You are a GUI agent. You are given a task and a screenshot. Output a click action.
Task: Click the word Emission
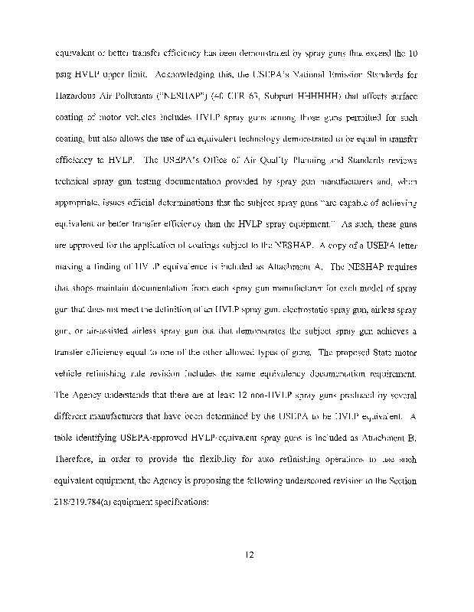[x=337, y=76]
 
